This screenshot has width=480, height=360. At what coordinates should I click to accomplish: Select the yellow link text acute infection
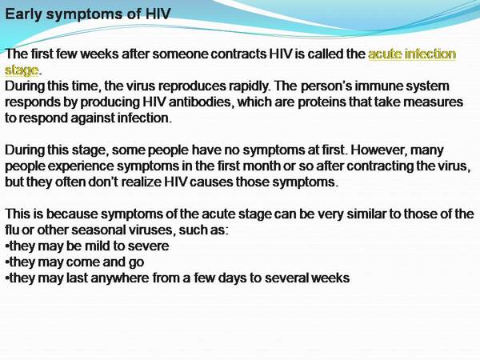coord(412,54)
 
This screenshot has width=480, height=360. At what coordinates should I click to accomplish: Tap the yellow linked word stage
coord(22,70)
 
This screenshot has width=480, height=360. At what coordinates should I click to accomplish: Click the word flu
coord(12,230)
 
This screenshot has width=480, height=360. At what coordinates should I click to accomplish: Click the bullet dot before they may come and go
coord(7,262)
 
